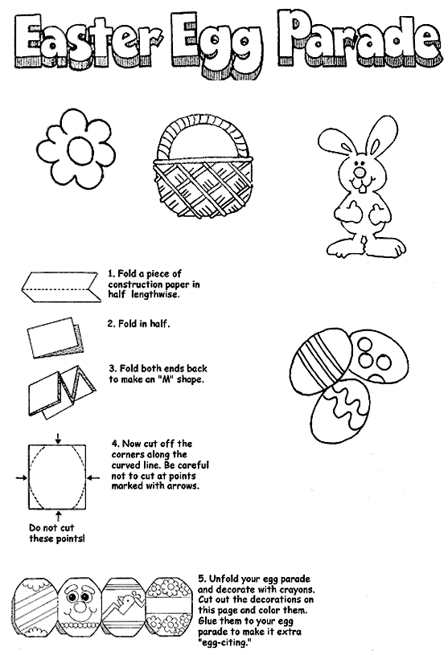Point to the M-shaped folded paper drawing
(61, 389)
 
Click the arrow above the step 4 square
(58, 437)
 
